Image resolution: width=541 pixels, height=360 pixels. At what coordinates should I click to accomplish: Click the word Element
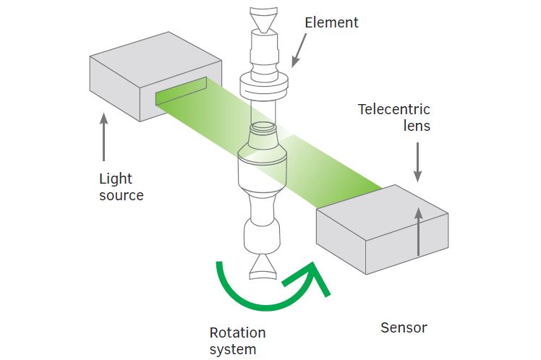click(x=331, y=22)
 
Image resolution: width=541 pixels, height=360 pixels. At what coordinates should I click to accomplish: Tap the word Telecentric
click(x=394, y=110)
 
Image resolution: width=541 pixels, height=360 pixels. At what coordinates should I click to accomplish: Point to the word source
click(x=122, y=195)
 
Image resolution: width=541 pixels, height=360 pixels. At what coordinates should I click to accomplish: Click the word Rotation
click(x=237, y=333)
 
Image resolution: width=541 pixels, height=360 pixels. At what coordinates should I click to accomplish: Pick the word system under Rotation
click(x=232, y=350)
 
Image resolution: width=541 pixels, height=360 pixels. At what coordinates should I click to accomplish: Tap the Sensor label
click(x=404, y=328)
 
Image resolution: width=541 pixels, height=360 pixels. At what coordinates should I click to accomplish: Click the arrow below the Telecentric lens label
click(x=417, y=163)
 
